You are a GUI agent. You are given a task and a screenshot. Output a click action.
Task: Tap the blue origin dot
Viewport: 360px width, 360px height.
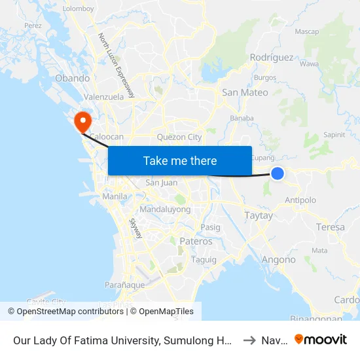click(278, 173)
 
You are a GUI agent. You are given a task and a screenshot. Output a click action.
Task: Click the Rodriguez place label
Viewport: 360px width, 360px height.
click(272, 58)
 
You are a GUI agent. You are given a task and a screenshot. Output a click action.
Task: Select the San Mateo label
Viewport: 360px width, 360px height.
click(245, 92)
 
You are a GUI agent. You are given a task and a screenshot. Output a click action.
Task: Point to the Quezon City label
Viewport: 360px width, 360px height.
click(179, 137)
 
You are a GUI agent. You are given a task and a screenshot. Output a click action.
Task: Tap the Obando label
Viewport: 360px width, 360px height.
click(73, 79)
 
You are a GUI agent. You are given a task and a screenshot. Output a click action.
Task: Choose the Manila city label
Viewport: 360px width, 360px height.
click(115, 196)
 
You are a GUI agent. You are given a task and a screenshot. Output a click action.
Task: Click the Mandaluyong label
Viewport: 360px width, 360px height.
click(165, 209)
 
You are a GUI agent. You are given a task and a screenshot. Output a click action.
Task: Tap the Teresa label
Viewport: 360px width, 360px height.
click(330, 227)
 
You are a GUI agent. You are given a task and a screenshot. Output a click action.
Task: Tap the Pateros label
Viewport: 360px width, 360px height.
click(196, 242)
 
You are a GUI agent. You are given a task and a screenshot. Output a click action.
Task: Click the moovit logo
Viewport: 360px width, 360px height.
click(321, 339)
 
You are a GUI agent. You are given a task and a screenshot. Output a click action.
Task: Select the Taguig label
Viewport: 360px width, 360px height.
click(199, 259)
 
